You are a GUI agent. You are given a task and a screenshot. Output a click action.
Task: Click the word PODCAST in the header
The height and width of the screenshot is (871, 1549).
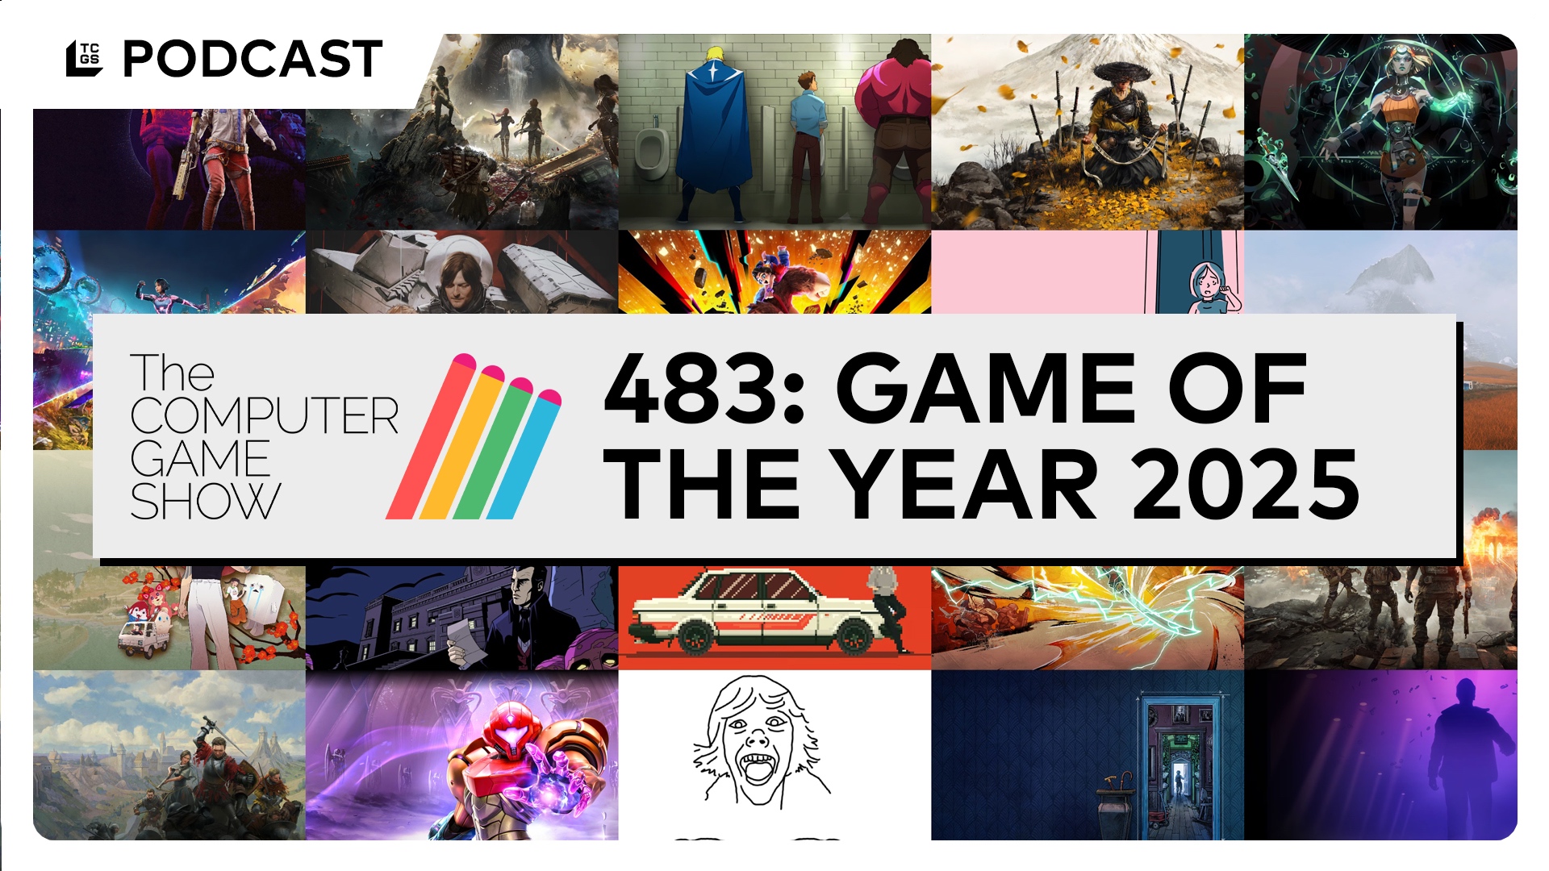pyautogui.click(x=253, y=59)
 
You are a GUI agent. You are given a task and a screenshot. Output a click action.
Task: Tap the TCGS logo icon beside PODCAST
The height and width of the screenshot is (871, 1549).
pyautogui.click(x=84, y=59)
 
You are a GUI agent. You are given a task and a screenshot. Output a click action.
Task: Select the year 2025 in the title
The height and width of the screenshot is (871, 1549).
pyautogui.click(x=1246, y=484)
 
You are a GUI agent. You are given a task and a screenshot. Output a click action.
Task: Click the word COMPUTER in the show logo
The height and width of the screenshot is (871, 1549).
pyautogui.click(x=265, y=416)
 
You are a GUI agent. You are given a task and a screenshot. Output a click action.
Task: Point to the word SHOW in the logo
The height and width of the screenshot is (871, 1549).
pyautogui.click(x=206, y=501)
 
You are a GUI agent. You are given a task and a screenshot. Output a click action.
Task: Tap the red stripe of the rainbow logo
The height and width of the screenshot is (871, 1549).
pyautogui.click(x=431, y=435)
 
